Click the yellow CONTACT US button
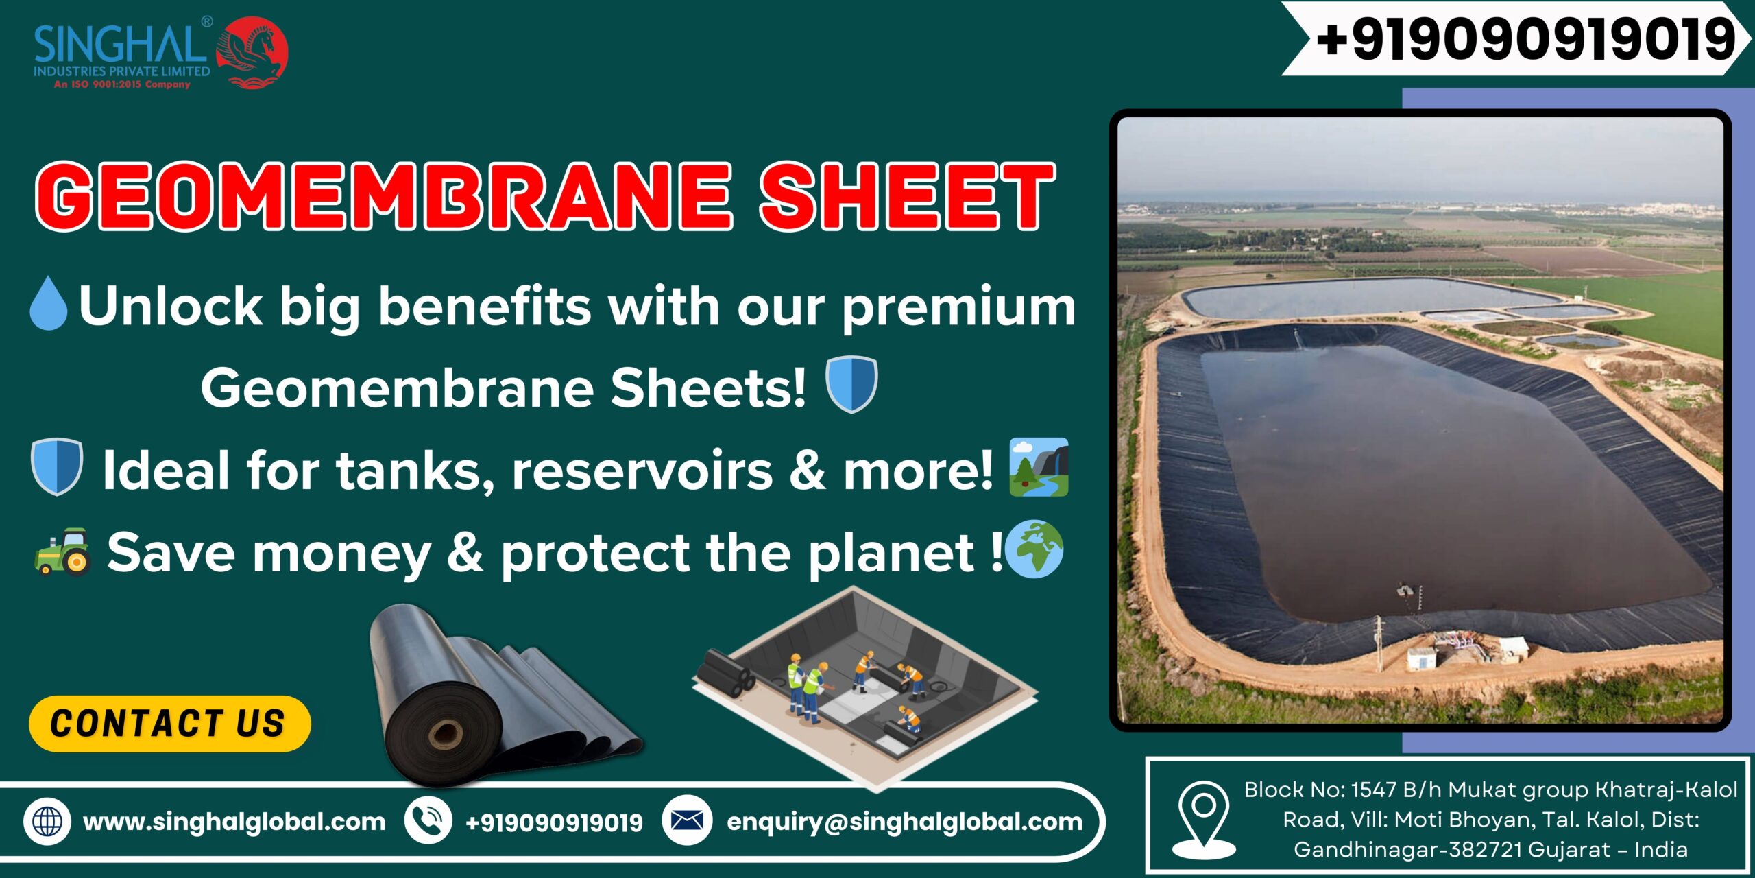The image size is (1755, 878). pos(170,724)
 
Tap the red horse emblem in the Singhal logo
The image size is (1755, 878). pos(252,54)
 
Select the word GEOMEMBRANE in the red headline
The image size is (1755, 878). pos(384,197)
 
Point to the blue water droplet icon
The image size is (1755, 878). pos(49,303)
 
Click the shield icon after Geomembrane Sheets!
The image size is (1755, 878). pos(851,384)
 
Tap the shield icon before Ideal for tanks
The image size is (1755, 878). pos(57,466)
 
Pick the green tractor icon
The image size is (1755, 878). pos(62,551)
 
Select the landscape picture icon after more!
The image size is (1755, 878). pos(1039,467)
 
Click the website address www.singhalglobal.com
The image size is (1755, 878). pos(234,822)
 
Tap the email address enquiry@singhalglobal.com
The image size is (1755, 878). pos(905,822)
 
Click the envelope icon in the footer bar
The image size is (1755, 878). pos(687,820)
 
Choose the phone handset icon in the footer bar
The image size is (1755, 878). pos(428,820)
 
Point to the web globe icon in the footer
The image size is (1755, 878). pos(47,821)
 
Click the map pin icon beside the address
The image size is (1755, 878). pos(1204,820)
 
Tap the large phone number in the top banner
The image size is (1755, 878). pos(1524,39)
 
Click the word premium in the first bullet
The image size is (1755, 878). pos(959,307)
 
